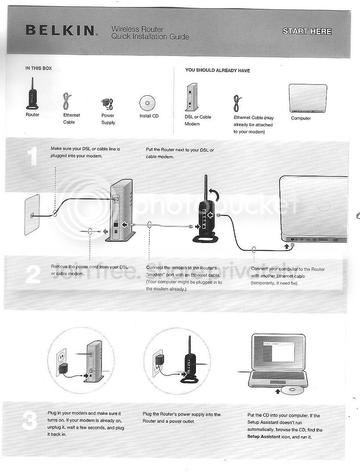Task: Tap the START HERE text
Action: click(307, 31)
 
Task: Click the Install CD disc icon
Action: click(147, 103)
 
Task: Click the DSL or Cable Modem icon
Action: click(191, 97)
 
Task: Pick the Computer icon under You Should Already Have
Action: click(308, 98)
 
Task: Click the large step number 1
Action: click(32, 156)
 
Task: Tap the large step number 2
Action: click(33, 274)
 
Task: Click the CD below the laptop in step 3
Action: click(292, 390)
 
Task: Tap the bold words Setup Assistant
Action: click(264, 437)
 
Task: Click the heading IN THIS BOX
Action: click(38, 68)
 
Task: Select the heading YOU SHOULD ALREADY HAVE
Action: click(217, 70)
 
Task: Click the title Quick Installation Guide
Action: click(150, 37)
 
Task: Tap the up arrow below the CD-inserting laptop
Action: click(278, 391)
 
